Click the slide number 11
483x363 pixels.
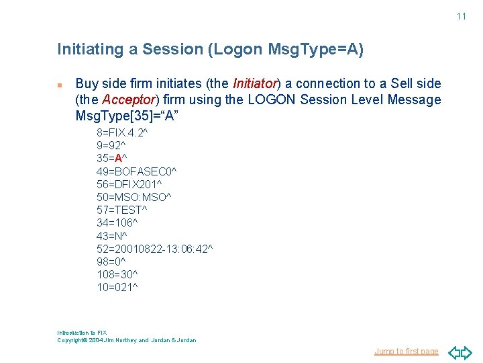click(x=461, y=16)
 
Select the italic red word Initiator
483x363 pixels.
click(x=255, y=84)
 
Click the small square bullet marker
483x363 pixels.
click(x=60, y=85)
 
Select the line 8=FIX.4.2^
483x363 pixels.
click(x=122, y=133)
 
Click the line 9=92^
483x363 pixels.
click(x=111, y=146)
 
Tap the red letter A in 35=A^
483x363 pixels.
click(x=118, y=159)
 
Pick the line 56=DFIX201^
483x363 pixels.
click(x=129, y=184)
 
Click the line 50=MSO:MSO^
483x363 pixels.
click(x=133, y=197)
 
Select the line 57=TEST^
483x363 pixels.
click(x=121, y=210)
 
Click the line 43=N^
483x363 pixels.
click(x=111, y=236)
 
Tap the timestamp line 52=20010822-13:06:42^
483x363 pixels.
click(x=154, y=249)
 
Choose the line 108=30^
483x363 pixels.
click(x=117, y=274)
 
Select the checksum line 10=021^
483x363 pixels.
click(x=117, y=287)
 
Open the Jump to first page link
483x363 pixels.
click(x=406, y=351)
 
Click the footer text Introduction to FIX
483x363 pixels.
click(x=82, y=333)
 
